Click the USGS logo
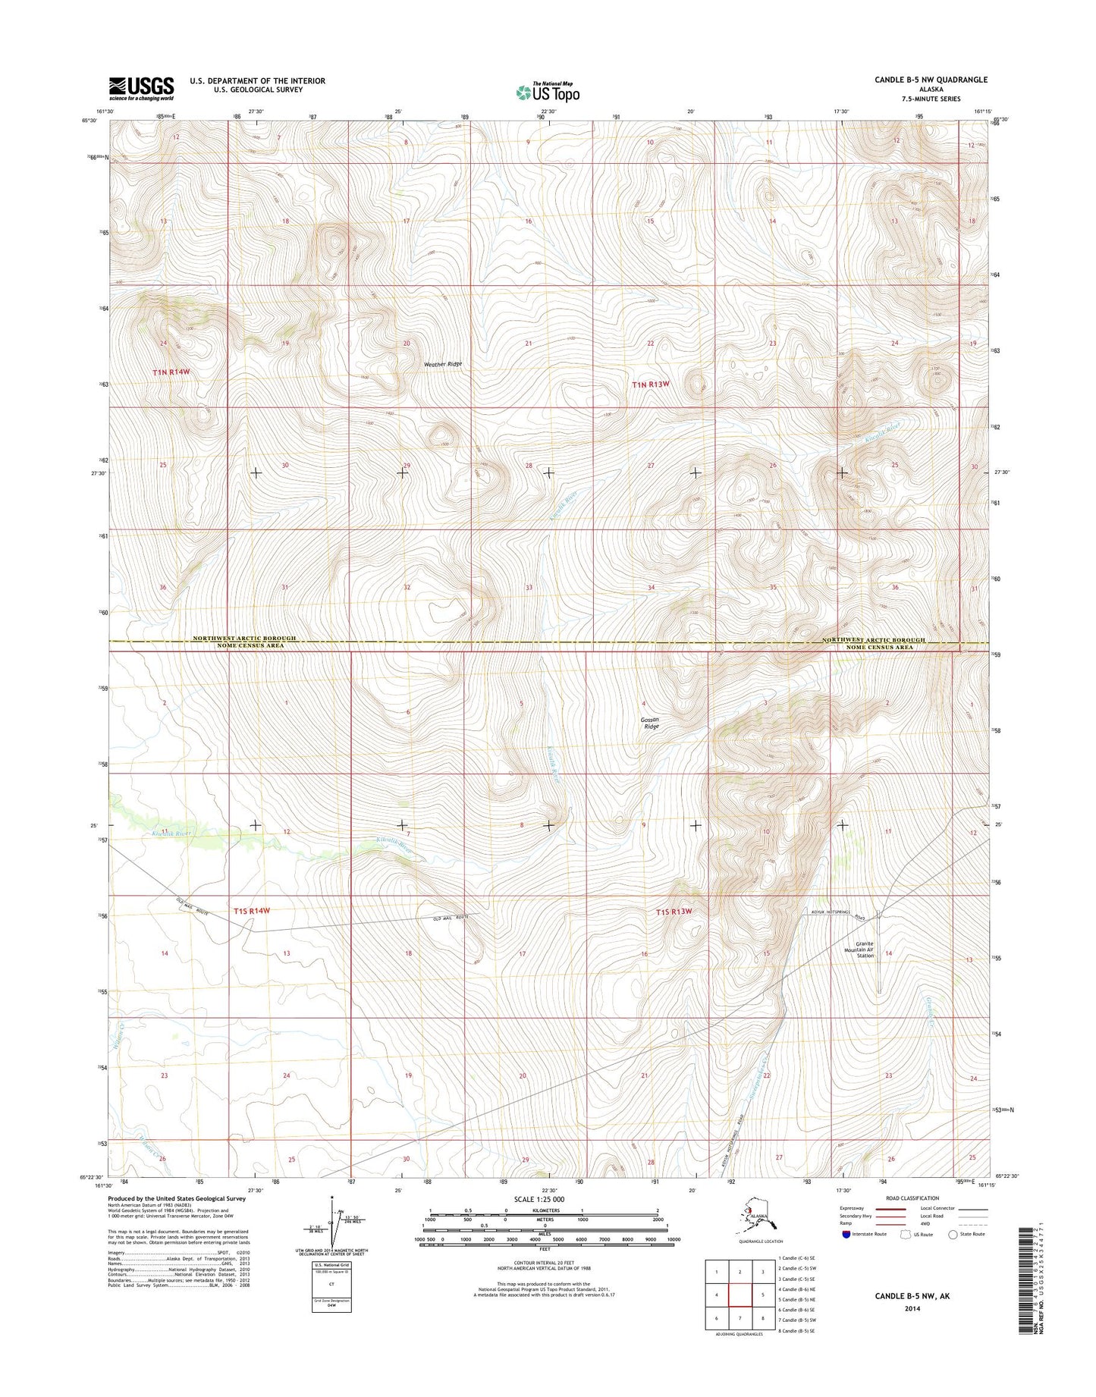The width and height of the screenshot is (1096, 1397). coord(141,89)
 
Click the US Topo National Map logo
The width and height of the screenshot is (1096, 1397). coord(548,92)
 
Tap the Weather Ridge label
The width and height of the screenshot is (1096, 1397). coord(442,364)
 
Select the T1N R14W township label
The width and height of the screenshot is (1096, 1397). coord(171,372)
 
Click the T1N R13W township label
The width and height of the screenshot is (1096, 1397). coord(651,385)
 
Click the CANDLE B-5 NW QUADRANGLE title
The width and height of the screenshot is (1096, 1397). coord(931,80)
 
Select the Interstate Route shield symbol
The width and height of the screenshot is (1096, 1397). coord(846,1234)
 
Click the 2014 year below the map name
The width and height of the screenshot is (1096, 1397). coord(912,1308)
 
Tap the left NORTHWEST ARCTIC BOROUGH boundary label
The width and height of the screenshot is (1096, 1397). coord(243,639)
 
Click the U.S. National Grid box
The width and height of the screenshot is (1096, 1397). coord(331,1286)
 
